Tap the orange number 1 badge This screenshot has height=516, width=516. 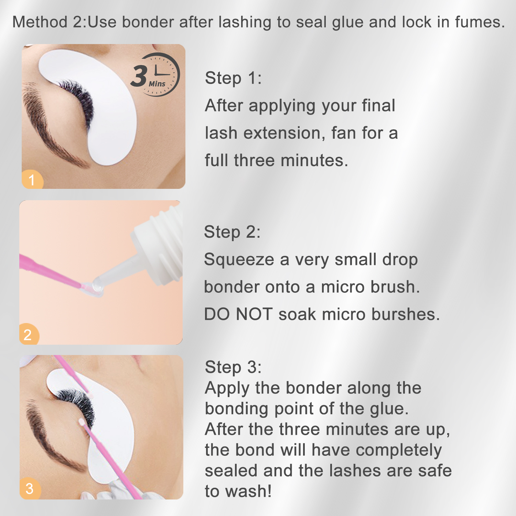32,180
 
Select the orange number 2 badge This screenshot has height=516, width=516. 29,334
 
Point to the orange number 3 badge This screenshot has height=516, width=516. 30,488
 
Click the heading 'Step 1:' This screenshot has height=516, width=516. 233,78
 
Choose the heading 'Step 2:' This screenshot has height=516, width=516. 232,232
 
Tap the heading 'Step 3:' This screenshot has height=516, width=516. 233,367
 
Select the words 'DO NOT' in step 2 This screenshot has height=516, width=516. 238,314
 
